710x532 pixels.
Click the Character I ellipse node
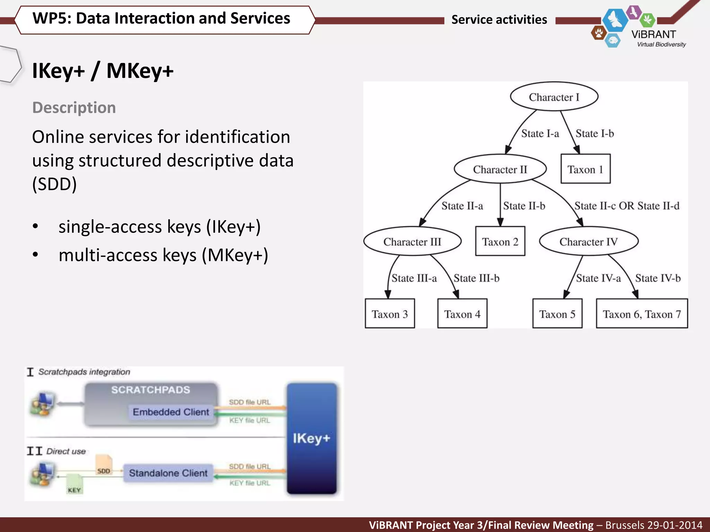coord(554,97)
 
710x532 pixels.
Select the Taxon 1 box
coord(585,169)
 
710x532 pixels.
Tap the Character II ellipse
coord(500,169)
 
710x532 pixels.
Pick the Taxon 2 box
coord(500,241)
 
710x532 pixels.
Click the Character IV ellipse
coord(588,241)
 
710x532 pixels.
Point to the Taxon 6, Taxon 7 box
coord(642,314)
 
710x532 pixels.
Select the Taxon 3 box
coord(390,314)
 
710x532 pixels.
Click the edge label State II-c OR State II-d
coord(627,206)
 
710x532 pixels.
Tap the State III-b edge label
coord(476,278)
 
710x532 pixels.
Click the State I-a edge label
coord(540,133)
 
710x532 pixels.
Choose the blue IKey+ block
coord(311,438)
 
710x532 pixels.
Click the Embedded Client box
coord(171,412)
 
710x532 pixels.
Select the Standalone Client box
coord(168,473)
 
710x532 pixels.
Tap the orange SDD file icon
coord(104,465)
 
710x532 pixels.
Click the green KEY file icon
coord(74,485)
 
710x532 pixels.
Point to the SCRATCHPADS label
coord(150,390)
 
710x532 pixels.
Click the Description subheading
coord(74,107)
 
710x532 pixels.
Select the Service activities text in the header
coord(499,19)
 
